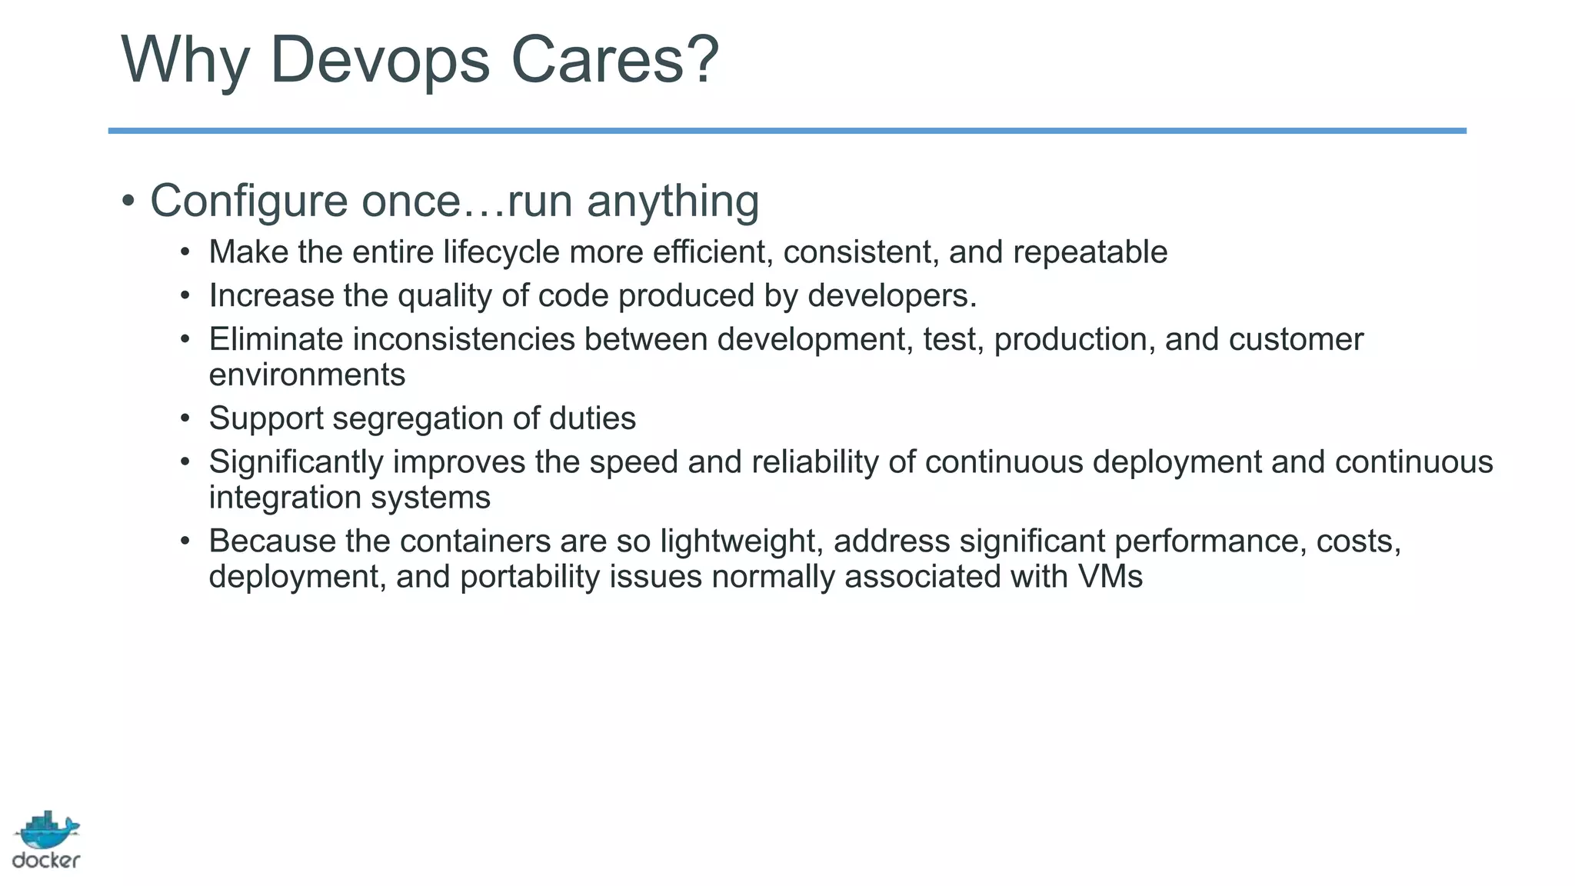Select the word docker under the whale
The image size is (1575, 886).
46,861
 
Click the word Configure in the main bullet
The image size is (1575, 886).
249,202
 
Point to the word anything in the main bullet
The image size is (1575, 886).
673,202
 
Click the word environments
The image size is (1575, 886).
307,375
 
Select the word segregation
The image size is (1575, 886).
418,419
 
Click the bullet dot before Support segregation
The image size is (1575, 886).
185,419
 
